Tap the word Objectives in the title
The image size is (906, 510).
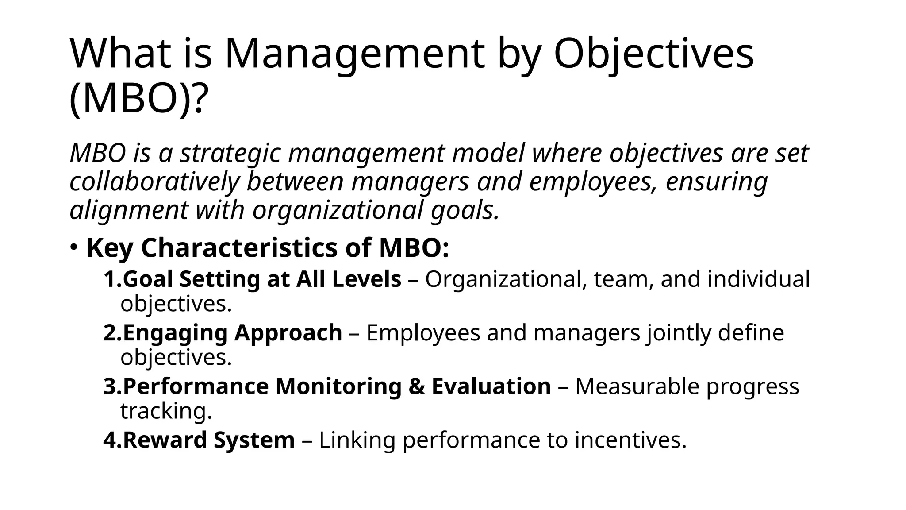pyautogui.click(x=653, y=54)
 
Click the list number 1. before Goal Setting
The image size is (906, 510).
pyautogui.click(x=112, y=279)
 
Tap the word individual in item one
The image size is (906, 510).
pyautogui.click(x=759, y=279)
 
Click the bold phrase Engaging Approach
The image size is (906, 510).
pyautogui.click(x=232, y=333)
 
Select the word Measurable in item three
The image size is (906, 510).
pyautogui.click(x=637, y=386)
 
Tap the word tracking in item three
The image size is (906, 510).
pyautogui.click(x=165, y=411)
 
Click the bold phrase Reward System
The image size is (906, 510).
pyautogui.click(x=208, y=440)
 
